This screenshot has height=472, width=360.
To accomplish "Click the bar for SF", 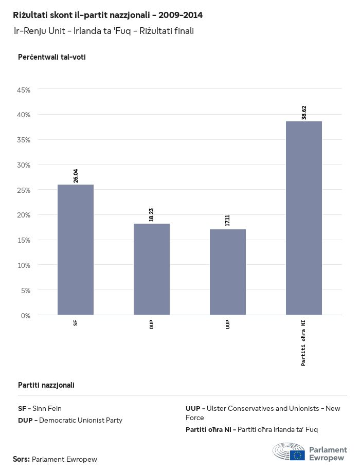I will point(76,249).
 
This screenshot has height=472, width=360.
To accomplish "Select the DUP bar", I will point(152,269).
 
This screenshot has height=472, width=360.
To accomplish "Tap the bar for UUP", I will point(228,272).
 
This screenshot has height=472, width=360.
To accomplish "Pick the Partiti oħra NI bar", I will point(304,218).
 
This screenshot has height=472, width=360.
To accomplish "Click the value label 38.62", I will point(304,113).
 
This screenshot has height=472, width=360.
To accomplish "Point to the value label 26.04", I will point(76,176).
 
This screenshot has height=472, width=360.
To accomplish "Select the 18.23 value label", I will point(152,215).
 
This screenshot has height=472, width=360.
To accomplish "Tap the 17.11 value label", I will point(228,221).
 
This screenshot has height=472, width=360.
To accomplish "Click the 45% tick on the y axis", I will point(24,90).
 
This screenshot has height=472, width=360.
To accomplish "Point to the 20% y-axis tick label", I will point(24,215).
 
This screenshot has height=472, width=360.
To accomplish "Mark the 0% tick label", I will point(26,315).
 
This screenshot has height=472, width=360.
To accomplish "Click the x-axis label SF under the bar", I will point(76,323).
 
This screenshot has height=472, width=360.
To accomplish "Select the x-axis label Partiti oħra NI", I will point(304,342).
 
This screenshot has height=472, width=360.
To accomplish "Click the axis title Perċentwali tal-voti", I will point(51,57).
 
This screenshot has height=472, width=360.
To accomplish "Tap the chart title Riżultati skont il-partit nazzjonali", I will point(107,15).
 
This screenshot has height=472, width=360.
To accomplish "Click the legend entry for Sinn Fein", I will point(40,409).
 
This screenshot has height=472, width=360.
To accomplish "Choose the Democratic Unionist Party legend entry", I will point(70,420).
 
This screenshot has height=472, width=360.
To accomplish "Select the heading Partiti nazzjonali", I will point(46,385).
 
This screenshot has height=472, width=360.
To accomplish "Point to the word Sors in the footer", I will point(21,459).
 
